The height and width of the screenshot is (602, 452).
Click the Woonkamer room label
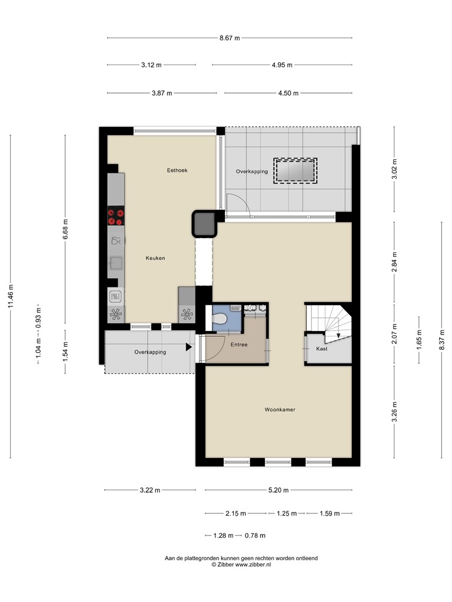click(280, 410)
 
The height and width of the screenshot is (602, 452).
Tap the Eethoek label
click(177, 170)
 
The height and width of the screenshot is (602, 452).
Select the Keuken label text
click(155, 258)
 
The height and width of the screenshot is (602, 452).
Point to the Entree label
click(239, 345)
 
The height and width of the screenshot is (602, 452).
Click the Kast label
click(322, 349)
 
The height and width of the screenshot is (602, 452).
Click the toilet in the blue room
click(220, 319)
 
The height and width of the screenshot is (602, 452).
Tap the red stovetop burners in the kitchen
click(116, 216)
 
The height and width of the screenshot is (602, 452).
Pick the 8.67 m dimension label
click(230, 38)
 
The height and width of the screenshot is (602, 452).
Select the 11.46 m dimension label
click(11, 296)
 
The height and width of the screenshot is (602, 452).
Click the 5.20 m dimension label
click(278, 490)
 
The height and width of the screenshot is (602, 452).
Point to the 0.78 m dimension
click(255, 536)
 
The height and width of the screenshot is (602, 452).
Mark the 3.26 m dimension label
click(394, 412)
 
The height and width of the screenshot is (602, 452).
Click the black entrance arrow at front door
click(189, 347)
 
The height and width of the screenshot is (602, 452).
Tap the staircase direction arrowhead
click(338, 336)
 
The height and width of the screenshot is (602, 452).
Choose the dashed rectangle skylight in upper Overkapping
click(295, 171)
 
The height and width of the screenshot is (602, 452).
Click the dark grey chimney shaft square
click(205, 224)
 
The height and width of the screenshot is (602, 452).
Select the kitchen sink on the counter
click(116, 263)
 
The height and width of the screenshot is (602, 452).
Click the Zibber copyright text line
click(241, 565)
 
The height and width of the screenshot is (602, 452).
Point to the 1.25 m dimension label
click(287, 513)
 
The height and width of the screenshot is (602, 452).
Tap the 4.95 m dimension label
click(282, 65)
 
